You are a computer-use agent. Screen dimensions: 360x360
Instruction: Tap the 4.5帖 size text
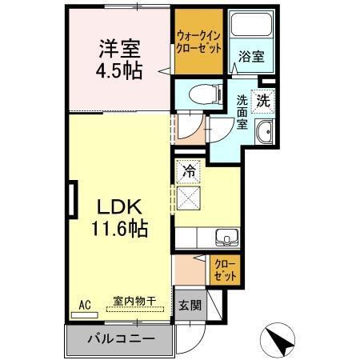[119, 70]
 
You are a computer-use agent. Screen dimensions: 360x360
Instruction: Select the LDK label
[118, 205]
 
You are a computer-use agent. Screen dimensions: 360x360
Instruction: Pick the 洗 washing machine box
[264, 102]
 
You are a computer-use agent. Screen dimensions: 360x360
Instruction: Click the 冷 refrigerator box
[189, 170]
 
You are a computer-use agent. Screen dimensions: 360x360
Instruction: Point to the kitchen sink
[226, 237]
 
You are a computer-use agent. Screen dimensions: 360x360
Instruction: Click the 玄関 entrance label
[190, 306]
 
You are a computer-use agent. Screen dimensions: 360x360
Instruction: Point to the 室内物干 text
[134, 302]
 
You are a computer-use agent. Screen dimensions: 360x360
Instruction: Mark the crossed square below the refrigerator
[190, 197]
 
